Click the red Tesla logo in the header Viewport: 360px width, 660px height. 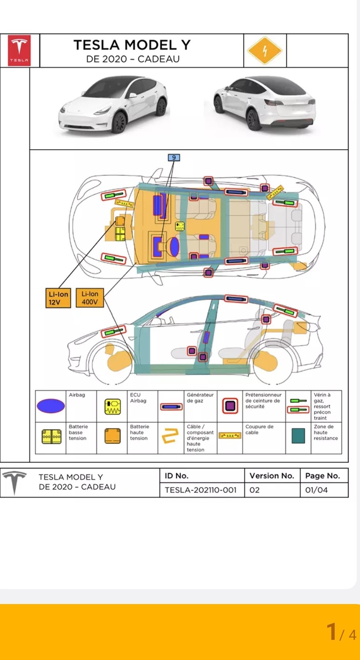(19, 50)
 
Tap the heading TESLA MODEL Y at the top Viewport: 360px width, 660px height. (132, 45)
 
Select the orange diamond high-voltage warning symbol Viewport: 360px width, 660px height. (265, 50)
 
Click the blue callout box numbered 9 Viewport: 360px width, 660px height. (174, 158)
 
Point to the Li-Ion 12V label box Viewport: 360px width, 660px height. (58, 298)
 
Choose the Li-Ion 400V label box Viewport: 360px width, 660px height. (90, 298)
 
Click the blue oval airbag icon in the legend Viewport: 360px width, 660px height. (51, 406)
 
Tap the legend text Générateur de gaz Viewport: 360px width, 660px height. (200, 398)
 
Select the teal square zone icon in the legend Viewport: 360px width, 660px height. (298, 435)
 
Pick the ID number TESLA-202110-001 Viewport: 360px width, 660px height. (200, 490)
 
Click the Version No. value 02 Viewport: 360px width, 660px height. (255, 490)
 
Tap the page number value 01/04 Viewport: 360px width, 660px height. (317, 490)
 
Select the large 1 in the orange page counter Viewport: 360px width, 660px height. (332, 631)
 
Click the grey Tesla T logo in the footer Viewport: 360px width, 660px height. (14, 482)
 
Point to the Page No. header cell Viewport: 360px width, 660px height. (322, 476)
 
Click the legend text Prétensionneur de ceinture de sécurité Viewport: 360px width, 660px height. (263, 400)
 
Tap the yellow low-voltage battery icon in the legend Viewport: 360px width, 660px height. (52, 436)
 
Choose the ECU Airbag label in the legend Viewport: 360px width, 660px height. (138, 398)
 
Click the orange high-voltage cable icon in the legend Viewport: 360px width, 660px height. (170, 435)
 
